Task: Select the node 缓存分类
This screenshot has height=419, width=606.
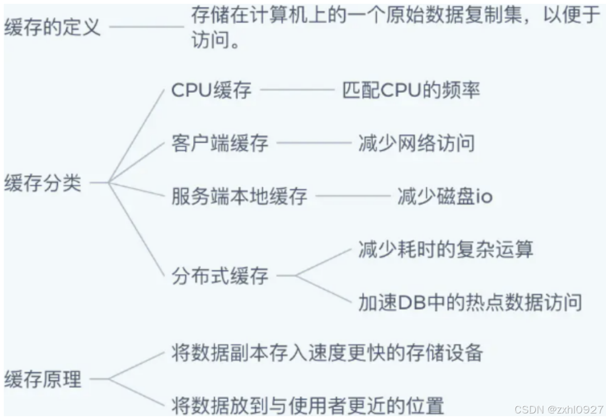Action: [x=42, y=183]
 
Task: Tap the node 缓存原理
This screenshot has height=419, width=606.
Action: [x=42, y=380]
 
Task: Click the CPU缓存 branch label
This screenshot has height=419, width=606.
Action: [x=211, y=90]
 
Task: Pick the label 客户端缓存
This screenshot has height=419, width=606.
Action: [x=220, y=144]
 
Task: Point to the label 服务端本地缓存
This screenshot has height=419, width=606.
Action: [x=239, y=197]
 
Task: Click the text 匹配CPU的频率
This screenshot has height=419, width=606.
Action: [x=411, y=90]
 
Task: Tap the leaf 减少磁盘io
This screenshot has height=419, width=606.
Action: [x=444, y=197]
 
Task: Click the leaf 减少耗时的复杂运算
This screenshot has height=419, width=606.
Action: [x=445, y=249]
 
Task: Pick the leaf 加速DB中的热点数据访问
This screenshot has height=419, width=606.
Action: [x=470, y=302]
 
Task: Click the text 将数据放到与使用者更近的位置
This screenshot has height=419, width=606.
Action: [x=307, y=406]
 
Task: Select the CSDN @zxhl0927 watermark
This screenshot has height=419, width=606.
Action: [x=559, y=410]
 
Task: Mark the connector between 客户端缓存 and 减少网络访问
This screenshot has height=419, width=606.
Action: [x=313, y=143]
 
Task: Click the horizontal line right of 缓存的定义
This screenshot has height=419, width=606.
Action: [x=146, y=27]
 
